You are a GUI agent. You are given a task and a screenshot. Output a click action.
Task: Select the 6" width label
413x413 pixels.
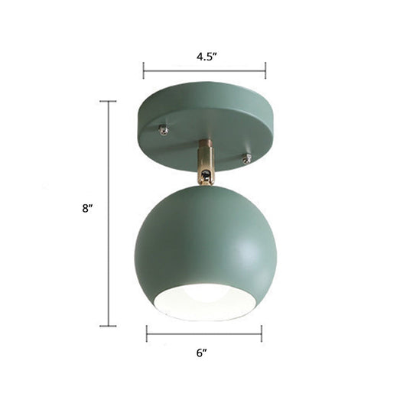pyautogui.click(x=203, y=353)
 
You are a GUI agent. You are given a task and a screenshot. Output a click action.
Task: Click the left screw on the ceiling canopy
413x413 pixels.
pyautogui.click(x=164, y=130)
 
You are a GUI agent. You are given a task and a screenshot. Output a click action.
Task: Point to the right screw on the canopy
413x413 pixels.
pyautogui.click(x=246, y=158)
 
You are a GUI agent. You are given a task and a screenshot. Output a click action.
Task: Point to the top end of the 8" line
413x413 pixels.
pyautogui.click(x=109, y=101)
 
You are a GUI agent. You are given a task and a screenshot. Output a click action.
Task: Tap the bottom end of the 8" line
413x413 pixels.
pyautogui.click(x=109, y=327)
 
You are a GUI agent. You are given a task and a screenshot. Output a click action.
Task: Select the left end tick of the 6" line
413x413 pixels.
pyautogui.click(x=146, y=333)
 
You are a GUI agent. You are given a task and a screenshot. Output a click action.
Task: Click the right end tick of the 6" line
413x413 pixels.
pyautogui.click(x=262, y=333)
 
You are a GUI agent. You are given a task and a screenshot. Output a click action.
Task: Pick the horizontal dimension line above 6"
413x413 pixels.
pyautogui.click(x=203, y=333)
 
